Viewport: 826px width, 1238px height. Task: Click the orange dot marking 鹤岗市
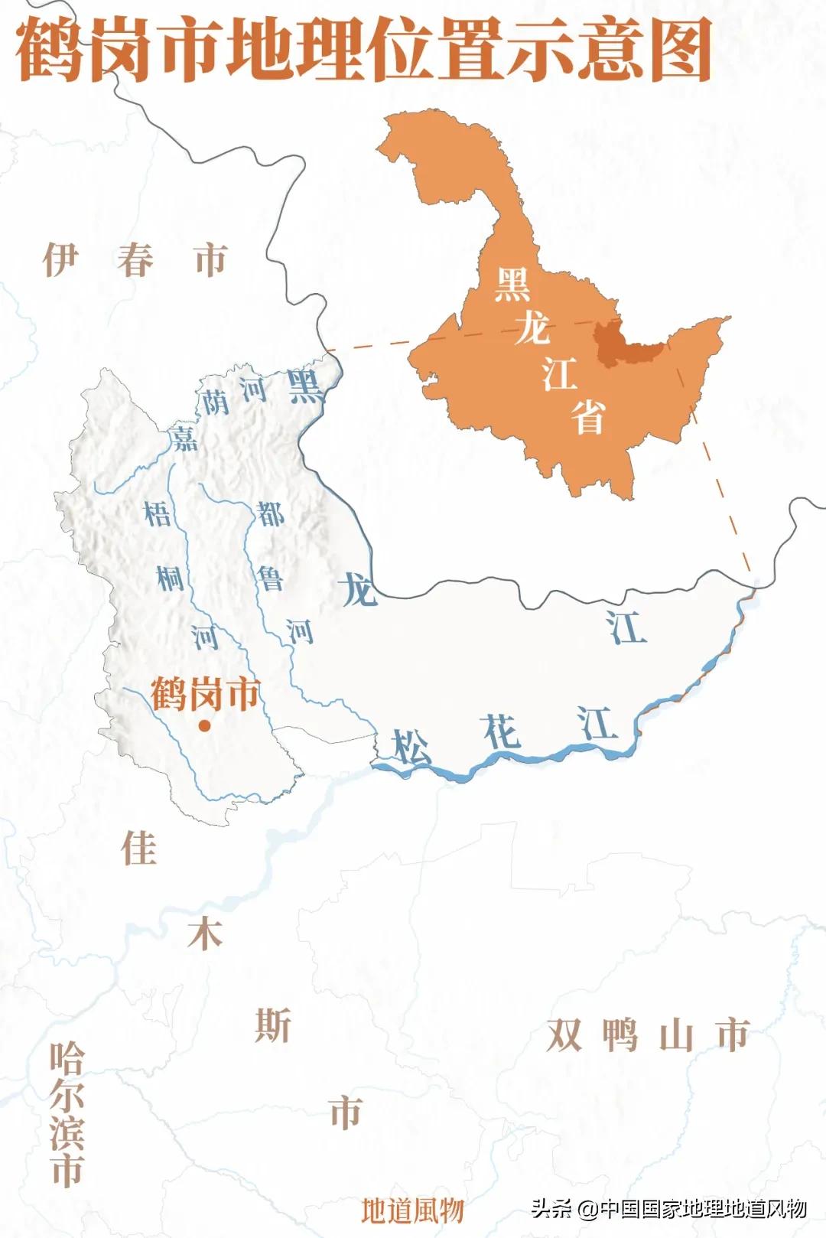(204, 726)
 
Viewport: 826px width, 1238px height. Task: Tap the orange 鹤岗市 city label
(205, 694)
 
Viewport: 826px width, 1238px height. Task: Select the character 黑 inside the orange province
(512, 285)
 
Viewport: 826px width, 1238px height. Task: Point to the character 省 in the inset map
(588, 417)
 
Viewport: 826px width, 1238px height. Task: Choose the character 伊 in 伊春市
(60, 259)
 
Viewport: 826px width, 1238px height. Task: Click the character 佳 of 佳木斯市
(138, 848)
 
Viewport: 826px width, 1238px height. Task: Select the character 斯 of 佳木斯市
(273, 1025)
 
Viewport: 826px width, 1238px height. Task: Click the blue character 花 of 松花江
(502, 733)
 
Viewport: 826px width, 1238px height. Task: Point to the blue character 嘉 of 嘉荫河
(184, 437)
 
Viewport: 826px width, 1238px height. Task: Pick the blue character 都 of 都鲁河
(271, 514)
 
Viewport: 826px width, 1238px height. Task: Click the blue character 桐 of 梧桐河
(171, 578)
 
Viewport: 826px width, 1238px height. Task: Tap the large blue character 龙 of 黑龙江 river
(358, 590)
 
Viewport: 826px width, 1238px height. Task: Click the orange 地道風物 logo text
(412, 1210)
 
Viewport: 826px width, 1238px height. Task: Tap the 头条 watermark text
(551, 1209)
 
